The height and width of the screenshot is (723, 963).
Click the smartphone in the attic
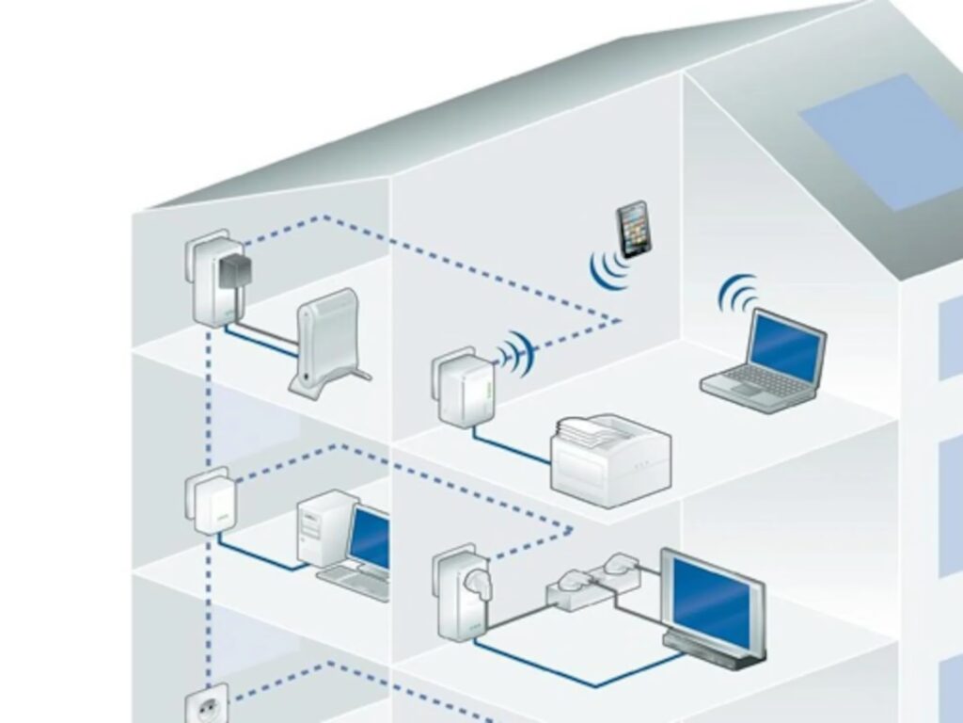click(633, 228)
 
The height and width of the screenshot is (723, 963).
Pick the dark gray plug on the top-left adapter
click(231, 274)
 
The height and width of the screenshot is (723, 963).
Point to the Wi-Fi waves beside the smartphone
click(607, 269)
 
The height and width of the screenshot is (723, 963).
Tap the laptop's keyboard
click(752, 382)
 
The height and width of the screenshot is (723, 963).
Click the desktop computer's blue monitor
click(371, 538)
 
